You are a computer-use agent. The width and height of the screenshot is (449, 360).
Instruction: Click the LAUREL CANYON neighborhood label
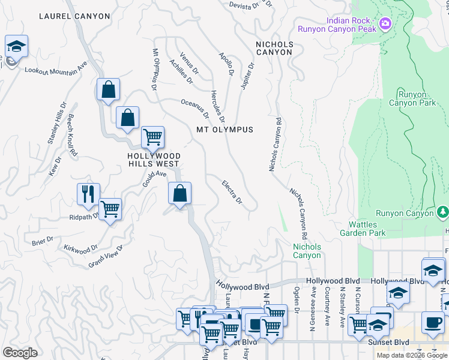pos(74,16)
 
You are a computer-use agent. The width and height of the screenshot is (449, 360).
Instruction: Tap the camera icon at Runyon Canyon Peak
pos(385,25)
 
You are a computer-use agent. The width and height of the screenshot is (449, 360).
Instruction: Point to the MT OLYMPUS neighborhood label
pos(224,130)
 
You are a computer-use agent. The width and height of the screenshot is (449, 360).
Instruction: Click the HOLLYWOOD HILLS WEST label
pos(153,159)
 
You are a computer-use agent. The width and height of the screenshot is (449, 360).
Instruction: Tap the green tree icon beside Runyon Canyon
pos(442,212)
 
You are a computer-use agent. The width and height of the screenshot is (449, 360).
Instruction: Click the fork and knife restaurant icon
pos(88,193)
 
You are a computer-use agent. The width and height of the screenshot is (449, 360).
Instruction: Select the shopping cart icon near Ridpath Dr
pos(110,210)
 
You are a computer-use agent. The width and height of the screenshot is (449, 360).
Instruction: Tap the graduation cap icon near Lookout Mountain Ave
pos(16,46)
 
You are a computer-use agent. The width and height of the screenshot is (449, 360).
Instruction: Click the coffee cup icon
pos(432,322)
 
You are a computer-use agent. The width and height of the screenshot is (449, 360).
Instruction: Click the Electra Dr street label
pos(232,191)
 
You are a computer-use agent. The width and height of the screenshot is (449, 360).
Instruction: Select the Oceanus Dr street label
pos(195,109)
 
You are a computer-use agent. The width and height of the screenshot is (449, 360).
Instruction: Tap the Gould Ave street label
pos(154,178)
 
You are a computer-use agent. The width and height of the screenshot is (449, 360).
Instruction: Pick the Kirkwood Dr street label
pos(81,248)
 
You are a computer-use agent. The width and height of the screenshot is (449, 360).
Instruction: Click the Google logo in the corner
pos(20,353)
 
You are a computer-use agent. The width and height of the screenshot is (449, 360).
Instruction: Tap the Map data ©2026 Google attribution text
pos(412,355)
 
